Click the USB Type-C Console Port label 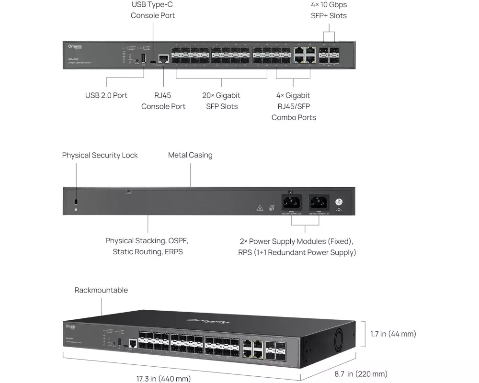[153, 10]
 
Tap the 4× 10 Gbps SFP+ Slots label [329, 10]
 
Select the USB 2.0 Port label [106, 95]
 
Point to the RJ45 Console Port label [163, 101]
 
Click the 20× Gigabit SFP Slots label [222, 101]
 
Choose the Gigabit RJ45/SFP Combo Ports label [294, 106]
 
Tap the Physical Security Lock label [100, 155]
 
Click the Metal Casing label [190, 155]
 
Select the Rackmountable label [101, 290]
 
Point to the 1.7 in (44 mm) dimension [393, 334]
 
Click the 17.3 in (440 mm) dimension [163, 379]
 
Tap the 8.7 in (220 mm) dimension [361, 374]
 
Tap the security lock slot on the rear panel [76, 201]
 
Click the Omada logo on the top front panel [75, 46]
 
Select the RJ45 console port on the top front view [163, 58]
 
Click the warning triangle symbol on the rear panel [260, 208]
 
